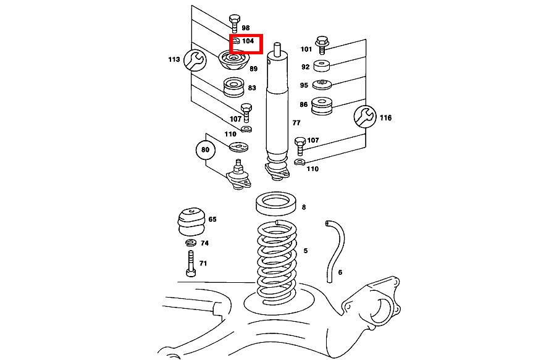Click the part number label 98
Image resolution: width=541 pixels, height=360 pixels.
click(x=245, y=28)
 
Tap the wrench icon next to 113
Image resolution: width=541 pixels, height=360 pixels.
click(x=195, y=61)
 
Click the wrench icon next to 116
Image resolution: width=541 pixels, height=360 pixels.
click(x=365, y=116)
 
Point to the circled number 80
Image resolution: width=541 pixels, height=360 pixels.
click(x=206, y=149)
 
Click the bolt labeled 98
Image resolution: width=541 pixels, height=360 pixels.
click(x=234, y=22)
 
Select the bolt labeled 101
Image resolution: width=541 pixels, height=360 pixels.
click(x=322, y=43)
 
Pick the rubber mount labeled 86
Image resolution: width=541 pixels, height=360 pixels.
click(x=323, y=106)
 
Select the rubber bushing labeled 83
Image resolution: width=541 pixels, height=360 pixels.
click(x=233, y=87)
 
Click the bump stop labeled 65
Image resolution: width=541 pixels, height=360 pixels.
click(x=190, y=222)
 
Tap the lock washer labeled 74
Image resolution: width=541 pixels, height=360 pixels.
click(x=191, y=243)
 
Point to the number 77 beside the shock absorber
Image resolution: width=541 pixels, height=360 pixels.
click(x=296, y=123)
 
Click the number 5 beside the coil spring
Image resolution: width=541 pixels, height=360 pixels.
click(x=305, y=250)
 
